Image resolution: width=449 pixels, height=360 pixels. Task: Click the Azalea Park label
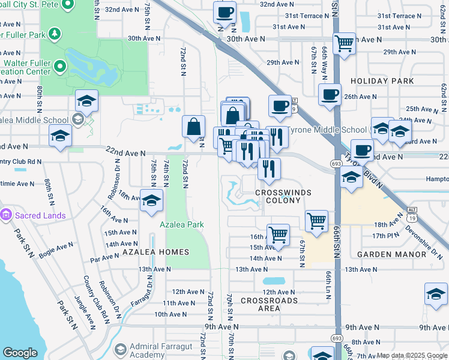tap(181, 224)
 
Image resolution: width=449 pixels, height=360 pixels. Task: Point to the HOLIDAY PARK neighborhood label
tap(382, 81)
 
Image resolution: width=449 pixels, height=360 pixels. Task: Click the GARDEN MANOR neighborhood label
tap(383, 254)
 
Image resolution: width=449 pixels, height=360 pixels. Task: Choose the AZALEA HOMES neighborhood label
tap(156, 252)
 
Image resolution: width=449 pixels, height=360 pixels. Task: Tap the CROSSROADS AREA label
tap(269, 304)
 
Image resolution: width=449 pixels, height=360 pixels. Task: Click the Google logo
tap(20, 353)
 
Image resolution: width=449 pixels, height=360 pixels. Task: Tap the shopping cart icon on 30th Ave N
tap(344, 43)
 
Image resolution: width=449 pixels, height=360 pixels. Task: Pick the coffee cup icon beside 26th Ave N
tap(330, 94)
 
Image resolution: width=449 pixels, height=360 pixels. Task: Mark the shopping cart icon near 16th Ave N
tap(278, 235)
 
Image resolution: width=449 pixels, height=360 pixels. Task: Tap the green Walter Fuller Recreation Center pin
tap(60, 65)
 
